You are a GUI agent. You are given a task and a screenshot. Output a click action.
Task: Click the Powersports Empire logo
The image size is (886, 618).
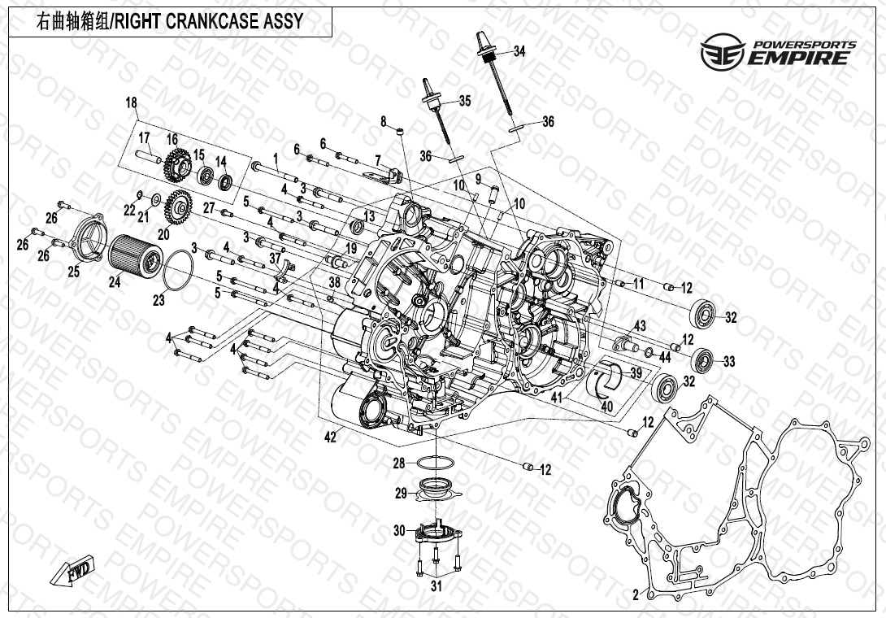coord(778,50)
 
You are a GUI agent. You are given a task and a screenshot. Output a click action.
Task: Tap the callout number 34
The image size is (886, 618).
coord(519,51)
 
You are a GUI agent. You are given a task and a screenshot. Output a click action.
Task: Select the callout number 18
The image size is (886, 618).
coord(132,102)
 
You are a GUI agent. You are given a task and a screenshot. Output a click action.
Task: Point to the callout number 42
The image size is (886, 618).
coord(329,437)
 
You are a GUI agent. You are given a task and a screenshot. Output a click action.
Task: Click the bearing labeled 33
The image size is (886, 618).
coord(703,359)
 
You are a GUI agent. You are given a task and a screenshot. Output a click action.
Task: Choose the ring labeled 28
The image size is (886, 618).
coord(436,463)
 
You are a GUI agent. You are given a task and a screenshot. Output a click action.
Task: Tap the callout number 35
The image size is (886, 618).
coord(464,102)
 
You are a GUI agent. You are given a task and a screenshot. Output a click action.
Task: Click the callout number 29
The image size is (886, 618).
coord(401,493)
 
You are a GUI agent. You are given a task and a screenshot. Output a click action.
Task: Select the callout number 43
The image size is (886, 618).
coord(641,326)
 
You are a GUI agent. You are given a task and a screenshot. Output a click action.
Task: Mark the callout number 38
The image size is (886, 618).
coord(334,281)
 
